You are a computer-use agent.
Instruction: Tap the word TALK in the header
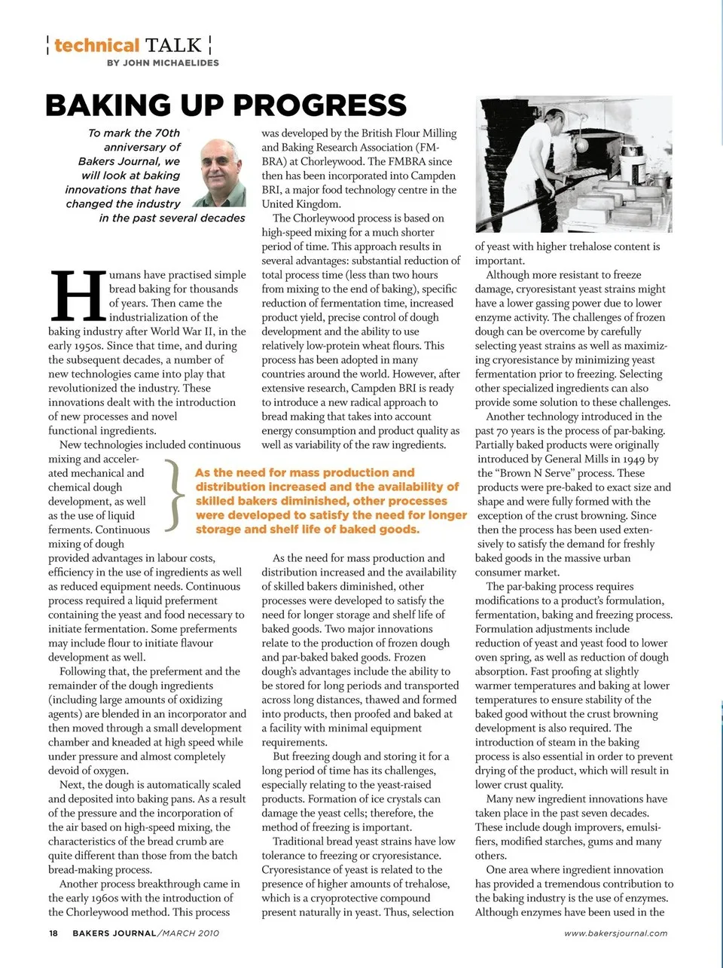[173, 46]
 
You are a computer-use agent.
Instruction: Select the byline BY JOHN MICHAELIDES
[163, 63]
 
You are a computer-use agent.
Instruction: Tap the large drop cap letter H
[77, 295]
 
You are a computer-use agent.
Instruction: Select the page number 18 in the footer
[53, 933]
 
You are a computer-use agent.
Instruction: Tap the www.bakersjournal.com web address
[615, 933]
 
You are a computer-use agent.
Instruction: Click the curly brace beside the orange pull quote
[175, 494]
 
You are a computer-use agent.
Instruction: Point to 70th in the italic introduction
[167, 133]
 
